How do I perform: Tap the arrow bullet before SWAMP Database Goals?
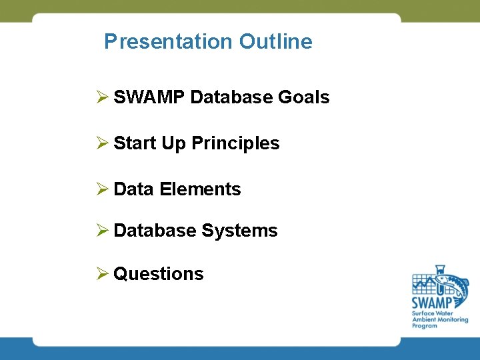(101, 97)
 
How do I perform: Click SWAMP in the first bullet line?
(149, 97)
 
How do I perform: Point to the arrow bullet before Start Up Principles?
(101, 143)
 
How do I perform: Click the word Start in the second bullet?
(135, 143)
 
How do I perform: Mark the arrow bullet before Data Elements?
(101, 189)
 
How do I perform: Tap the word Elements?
(200, 189)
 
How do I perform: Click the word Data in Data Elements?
(134, 189)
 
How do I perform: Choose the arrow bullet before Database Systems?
(101, 231)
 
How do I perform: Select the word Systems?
(239, 231)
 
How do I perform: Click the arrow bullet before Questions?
(101, 274)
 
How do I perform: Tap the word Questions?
(159, 274)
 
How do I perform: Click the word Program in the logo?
(425, 325)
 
